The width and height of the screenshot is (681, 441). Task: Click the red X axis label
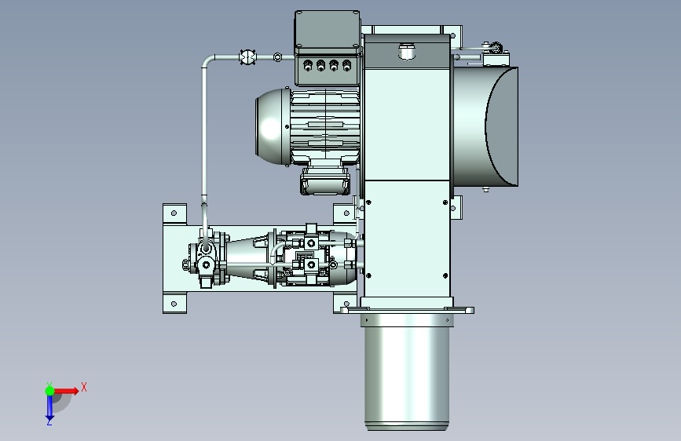(x=84, y=387)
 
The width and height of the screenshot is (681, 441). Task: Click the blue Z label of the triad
(x=49, y=421)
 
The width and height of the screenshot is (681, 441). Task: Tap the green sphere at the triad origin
(x=50, y=391)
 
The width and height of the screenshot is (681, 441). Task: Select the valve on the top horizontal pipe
(x=248, y=57)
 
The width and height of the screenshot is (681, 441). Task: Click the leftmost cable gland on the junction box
(x=308, y=66)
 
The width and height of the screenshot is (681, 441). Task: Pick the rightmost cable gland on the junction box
(x=346, y=66)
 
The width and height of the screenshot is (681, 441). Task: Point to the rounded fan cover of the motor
(x=273, y=127)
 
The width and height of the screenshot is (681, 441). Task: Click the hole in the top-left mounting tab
(x=174, y=213)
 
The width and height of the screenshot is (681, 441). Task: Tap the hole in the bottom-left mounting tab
(x=174, y=304)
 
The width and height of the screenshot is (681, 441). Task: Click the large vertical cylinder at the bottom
(x=407, y=373)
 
